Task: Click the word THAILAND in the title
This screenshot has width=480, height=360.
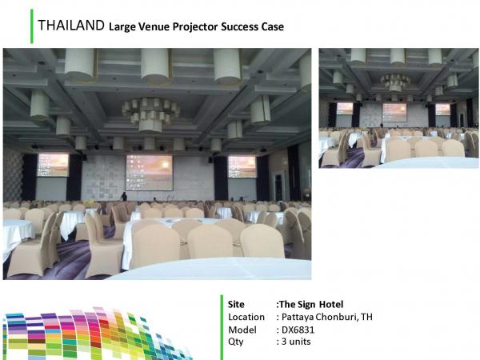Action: click(x=71, y=26)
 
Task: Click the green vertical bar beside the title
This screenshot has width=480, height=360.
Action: click(x=32, y=26)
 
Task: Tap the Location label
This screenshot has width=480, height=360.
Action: click(x=246, y=317)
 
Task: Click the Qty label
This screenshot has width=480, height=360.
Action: click(x=236, y=342)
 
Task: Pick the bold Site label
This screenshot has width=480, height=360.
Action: click(x=236, y=304)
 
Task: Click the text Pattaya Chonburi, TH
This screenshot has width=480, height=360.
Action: click(x=327, y=317)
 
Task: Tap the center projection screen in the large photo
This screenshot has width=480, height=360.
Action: click(x=150, y=173)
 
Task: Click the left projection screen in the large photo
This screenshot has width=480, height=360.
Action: click(x=53, y=166)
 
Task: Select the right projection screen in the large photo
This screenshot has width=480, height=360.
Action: click(x=242, y=166)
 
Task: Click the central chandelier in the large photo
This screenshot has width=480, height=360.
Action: click(x=150, y=114)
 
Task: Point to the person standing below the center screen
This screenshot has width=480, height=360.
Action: click(x=124, y=197)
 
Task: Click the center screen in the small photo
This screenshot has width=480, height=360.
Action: click(x=394, y=112)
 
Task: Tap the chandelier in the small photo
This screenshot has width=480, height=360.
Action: click(x=395, y=82)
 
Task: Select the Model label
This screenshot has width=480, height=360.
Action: click(x=242, y=330)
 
